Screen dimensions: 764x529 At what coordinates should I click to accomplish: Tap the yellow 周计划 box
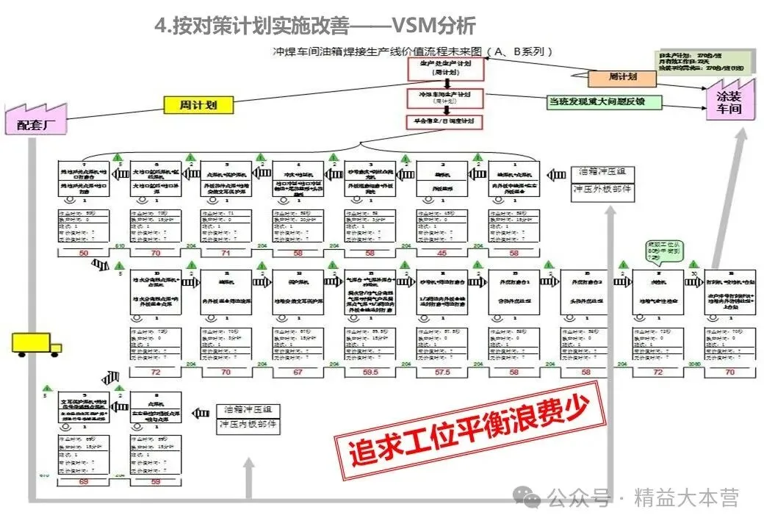(195, 105)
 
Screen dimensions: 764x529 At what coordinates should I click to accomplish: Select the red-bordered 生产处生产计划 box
(445, 68)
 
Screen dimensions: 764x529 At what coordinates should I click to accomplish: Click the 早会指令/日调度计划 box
(445, 122)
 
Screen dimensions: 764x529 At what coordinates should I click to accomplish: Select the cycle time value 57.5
(442, 373)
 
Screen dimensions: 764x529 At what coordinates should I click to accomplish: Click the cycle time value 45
(442, 253)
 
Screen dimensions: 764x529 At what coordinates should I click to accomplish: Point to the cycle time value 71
(226, 253)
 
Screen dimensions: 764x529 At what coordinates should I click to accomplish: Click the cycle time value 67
(298, 373)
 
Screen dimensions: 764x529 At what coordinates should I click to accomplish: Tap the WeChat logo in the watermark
(531, 498)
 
